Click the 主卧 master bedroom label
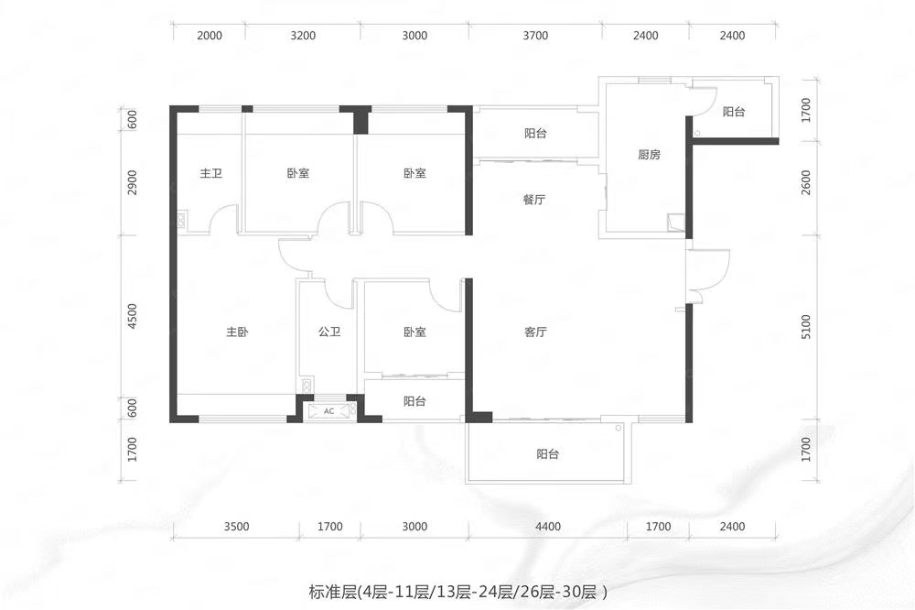pyautogui.click(x=237, y=332)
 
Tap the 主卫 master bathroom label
pyautogui.click(x=210, y=173)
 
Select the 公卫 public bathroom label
pyautogui.click(x=329, y=332)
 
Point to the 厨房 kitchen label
pyautogui.click(x=649, y=155)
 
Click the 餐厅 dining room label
pyautogui.click(x=534, y=200)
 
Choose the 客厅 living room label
pyautogui.click(x=535, y=332)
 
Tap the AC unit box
pyautogui.click(x=329, y=410)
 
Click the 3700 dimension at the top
pyautogui.click(x=535, y=36)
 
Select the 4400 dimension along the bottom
pyautogui.click(x=548, y=527)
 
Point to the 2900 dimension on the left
pyautogui.click(x=133, y=182)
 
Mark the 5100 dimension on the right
pyautogui.click(x=806, y=327)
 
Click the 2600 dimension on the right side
pyautogui.click(x=806, y=182)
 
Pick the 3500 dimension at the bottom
pyautogui.click(x=236, y=527)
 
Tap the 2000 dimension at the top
pyautogui.click(x=210, y=36)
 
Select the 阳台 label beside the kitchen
pyautogui.click(x=734, y=112)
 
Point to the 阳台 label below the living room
pyautogui.click(x=547, y=454)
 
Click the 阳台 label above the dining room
pyautogui.click(x=535, y=133)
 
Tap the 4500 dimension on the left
pyautogui.click(x=133, y=316)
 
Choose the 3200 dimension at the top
pyautogui.click(x=303, y=36)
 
